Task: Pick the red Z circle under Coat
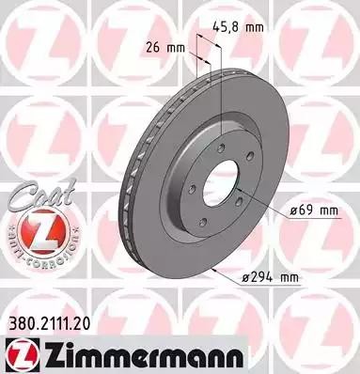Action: click(34, 230)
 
